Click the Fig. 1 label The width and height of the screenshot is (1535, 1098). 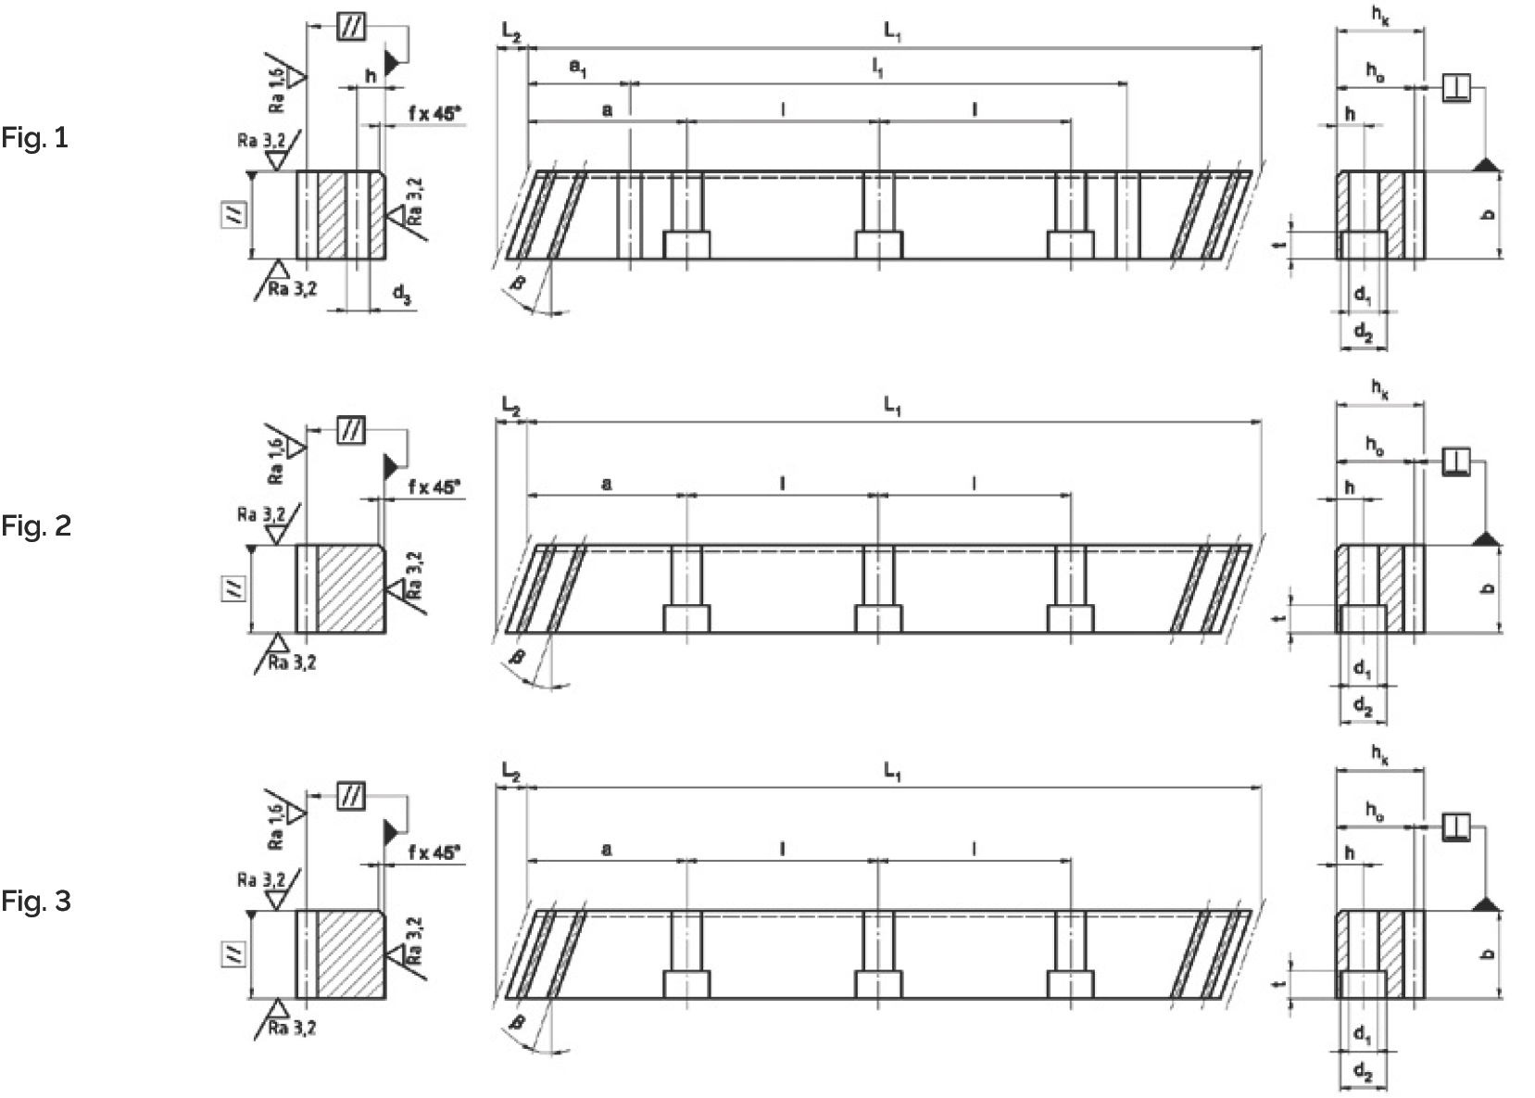35,139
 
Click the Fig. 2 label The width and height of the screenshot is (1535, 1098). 35,526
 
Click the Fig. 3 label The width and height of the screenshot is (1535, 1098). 35,901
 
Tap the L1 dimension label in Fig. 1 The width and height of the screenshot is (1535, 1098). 892,32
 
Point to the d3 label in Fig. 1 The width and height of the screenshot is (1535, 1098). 401,296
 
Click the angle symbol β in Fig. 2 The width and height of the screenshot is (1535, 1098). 518,657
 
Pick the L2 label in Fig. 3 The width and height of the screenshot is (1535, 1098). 510,771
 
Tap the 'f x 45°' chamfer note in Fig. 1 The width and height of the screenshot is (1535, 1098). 434,113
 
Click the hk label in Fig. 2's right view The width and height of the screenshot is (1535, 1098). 1379,390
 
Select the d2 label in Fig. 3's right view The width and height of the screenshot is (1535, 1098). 1363,1072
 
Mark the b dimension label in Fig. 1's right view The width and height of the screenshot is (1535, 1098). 1489,214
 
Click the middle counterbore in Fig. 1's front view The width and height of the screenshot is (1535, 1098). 878,246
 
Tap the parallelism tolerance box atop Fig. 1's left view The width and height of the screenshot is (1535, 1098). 351,27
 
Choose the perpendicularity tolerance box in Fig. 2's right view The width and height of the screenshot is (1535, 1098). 1456,461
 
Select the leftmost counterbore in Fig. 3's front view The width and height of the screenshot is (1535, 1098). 686,984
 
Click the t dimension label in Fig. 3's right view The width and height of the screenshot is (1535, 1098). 1278,985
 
